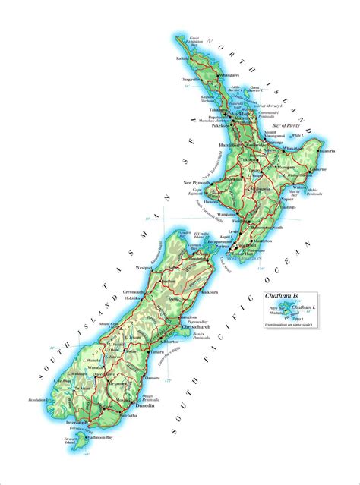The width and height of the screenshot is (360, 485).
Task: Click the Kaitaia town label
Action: [182, 58]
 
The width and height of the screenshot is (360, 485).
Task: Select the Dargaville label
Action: [189, 79]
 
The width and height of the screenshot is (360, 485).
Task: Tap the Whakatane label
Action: [295, 148]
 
